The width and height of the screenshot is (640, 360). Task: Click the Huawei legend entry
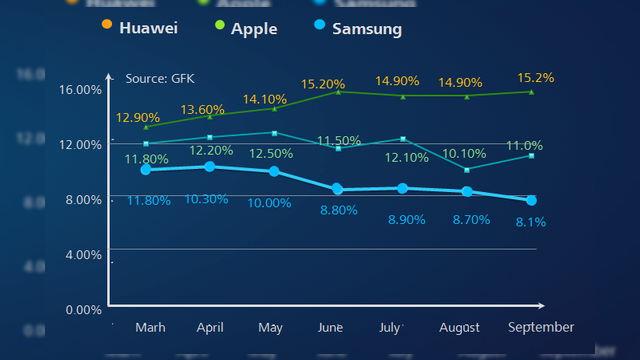click(140, 29)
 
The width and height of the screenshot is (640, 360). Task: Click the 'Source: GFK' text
click(160, 78)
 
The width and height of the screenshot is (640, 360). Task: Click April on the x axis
click(210, 327)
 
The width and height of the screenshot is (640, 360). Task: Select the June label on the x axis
click(329, 327)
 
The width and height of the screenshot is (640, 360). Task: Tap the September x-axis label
click(541, 327)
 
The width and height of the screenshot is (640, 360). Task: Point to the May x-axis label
click(270, 327)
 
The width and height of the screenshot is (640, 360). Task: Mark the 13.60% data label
click(203, 109)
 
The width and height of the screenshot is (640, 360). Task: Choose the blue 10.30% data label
click(207, 200)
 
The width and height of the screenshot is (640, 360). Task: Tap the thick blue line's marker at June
click(338, 189)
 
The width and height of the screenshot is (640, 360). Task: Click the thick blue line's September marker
click(531, 200)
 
